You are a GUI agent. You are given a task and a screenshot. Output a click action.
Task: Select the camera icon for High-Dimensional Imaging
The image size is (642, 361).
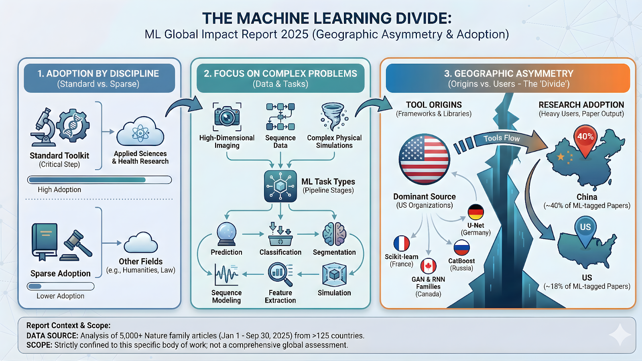227,117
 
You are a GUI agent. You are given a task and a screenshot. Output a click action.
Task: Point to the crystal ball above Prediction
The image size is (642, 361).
227,234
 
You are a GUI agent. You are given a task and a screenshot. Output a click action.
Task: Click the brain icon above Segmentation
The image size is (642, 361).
334,234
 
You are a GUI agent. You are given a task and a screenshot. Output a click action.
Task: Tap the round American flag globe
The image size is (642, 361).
424,159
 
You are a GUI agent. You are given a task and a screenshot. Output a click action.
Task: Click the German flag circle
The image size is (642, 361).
475,212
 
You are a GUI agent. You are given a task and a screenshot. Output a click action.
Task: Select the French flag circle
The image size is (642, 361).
401,243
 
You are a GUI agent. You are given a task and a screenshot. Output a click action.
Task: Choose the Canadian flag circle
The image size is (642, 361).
428,266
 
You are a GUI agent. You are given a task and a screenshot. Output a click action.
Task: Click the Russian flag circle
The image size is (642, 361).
461,247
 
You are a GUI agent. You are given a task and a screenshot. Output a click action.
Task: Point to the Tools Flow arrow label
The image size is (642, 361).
502,138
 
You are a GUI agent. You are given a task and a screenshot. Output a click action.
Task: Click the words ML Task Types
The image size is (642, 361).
328,182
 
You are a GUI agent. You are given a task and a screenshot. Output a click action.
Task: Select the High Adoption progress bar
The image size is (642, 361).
99,180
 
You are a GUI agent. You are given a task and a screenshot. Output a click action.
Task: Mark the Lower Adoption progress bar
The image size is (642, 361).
61,286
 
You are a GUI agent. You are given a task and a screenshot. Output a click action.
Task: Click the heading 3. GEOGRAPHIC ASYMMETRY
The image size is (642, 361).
508,74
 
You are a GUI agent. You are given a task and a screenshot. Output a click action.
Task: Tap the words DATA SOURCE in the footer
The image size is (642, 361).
52,336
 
